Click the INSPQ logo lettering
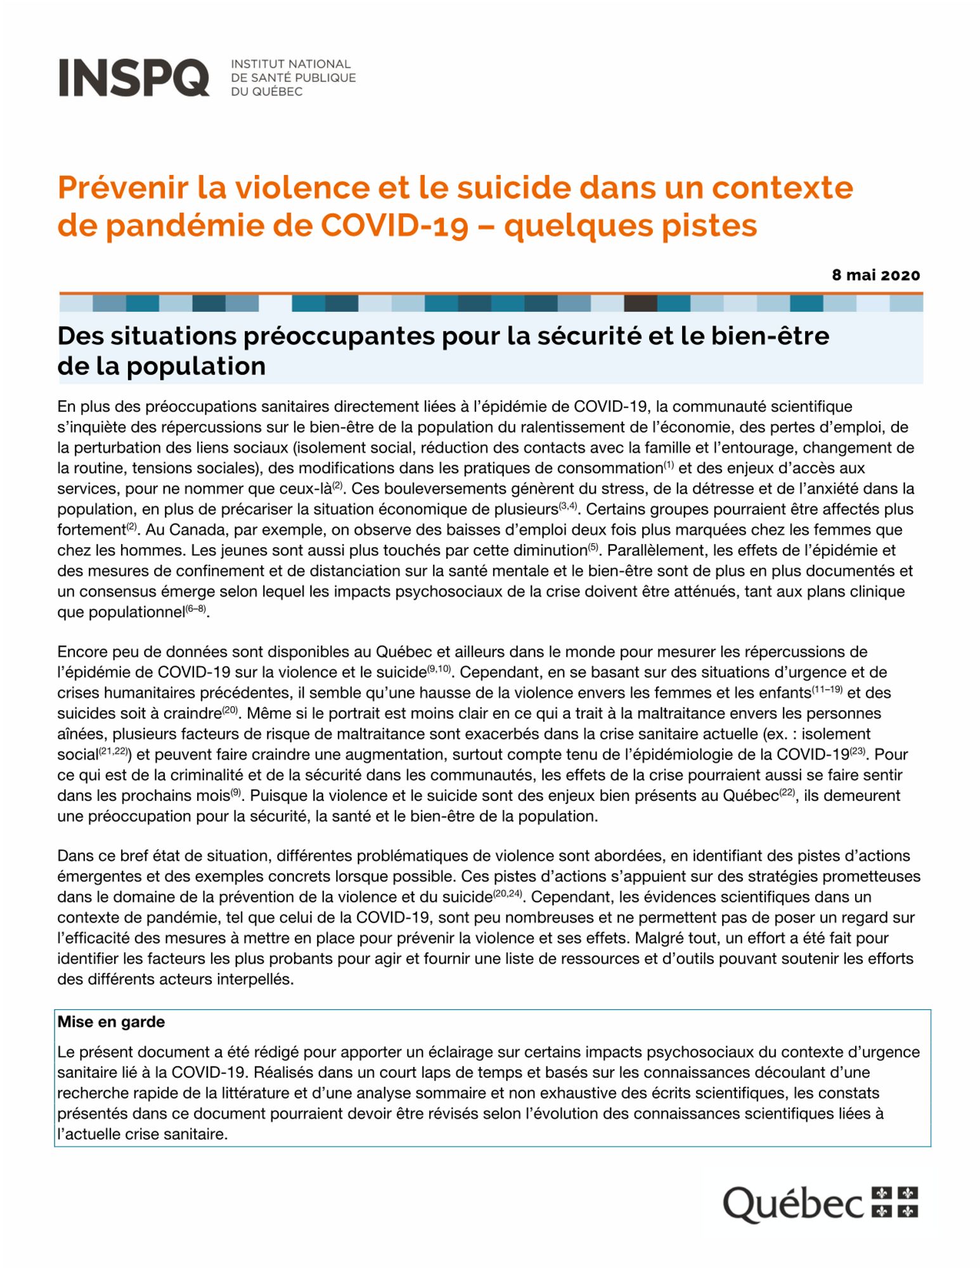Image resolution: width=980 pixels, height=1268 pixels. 134,77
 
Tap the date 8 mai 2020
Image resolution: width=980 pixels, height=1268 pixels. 875,275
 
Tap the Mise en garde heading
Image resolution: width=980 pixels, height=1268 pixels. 111,1022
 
